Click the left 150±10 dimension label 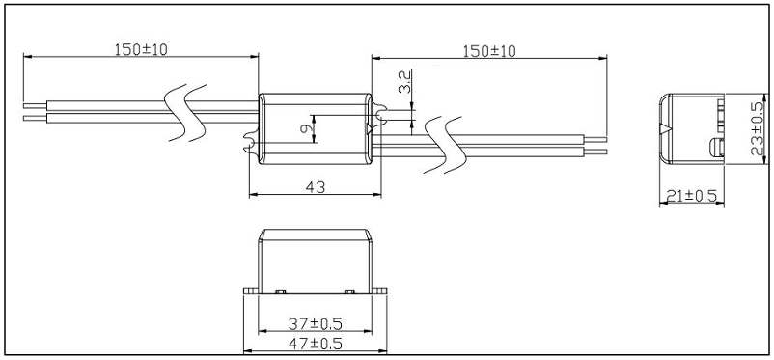141,49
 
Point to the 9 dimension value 306,127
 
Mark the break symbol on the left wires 184,108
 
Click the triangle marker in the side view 662,128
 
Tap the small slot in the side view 715,147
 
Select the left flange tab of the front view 250,291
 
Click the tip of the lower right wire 605,152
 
